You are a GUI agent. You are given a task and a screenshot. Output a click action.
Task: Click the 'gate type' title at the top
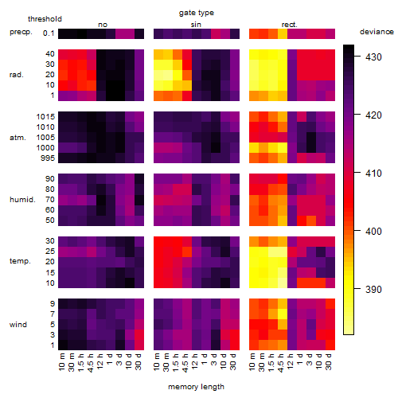(x=197, y=13)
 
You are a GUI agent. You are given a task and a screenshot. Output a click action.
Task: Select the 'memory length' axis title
(x=196, y=387)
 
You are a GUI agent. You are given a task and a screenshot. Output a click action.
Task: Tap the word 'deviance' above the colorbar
(x=377, y=32)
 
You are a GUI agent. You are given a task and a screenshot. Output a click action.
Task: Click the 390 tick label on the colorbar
(x=373, y=289)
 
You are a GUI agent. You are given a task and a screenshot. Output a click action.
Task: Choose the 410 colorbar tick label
(x=373, y=174)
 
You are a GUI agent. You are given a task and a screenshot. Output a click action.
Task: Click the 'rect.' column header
(x=290, y=25)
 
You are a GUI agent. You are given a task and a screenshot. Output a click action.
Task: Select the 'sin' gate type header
(x=196, y=25)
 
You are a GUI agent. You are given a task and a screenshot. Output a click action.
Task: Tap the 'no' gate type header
(x=103, y=25)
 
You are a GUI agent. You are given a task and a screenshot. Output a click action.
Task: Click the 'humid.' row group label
(x=22, y=200)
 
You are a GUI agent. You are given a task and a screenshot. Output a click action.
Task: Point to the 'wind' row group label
(x=18, y=325)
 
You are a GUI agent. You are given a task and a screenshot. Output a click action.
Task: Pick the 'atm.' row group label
(x=18, y=138)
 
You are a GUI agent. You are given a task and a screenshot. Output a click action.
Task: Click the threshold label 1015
(x=45, y=117)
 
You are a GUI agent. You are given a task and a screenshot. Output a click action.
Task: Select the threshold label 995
(x=48, y=158)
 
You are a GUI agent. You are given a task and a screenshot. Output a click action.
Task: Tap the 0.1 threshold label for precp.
(x=49, y=33)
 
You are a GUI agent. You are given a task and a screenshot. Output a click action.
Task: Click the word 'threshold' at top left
(x=45, y=19)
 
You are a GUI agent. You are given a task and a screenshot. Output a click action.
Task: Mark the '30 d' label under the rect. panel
(x=329, y=361)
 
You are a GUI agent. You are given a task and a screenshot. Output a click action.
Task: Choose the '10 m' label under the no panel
(x=61, y=361)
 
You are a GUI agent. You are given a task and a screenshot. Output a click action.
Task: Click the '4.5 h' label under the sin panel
(x=185, y=363)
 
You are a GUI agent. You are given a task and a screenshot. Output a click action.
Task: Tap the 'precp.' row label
(x=21, y=32)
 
